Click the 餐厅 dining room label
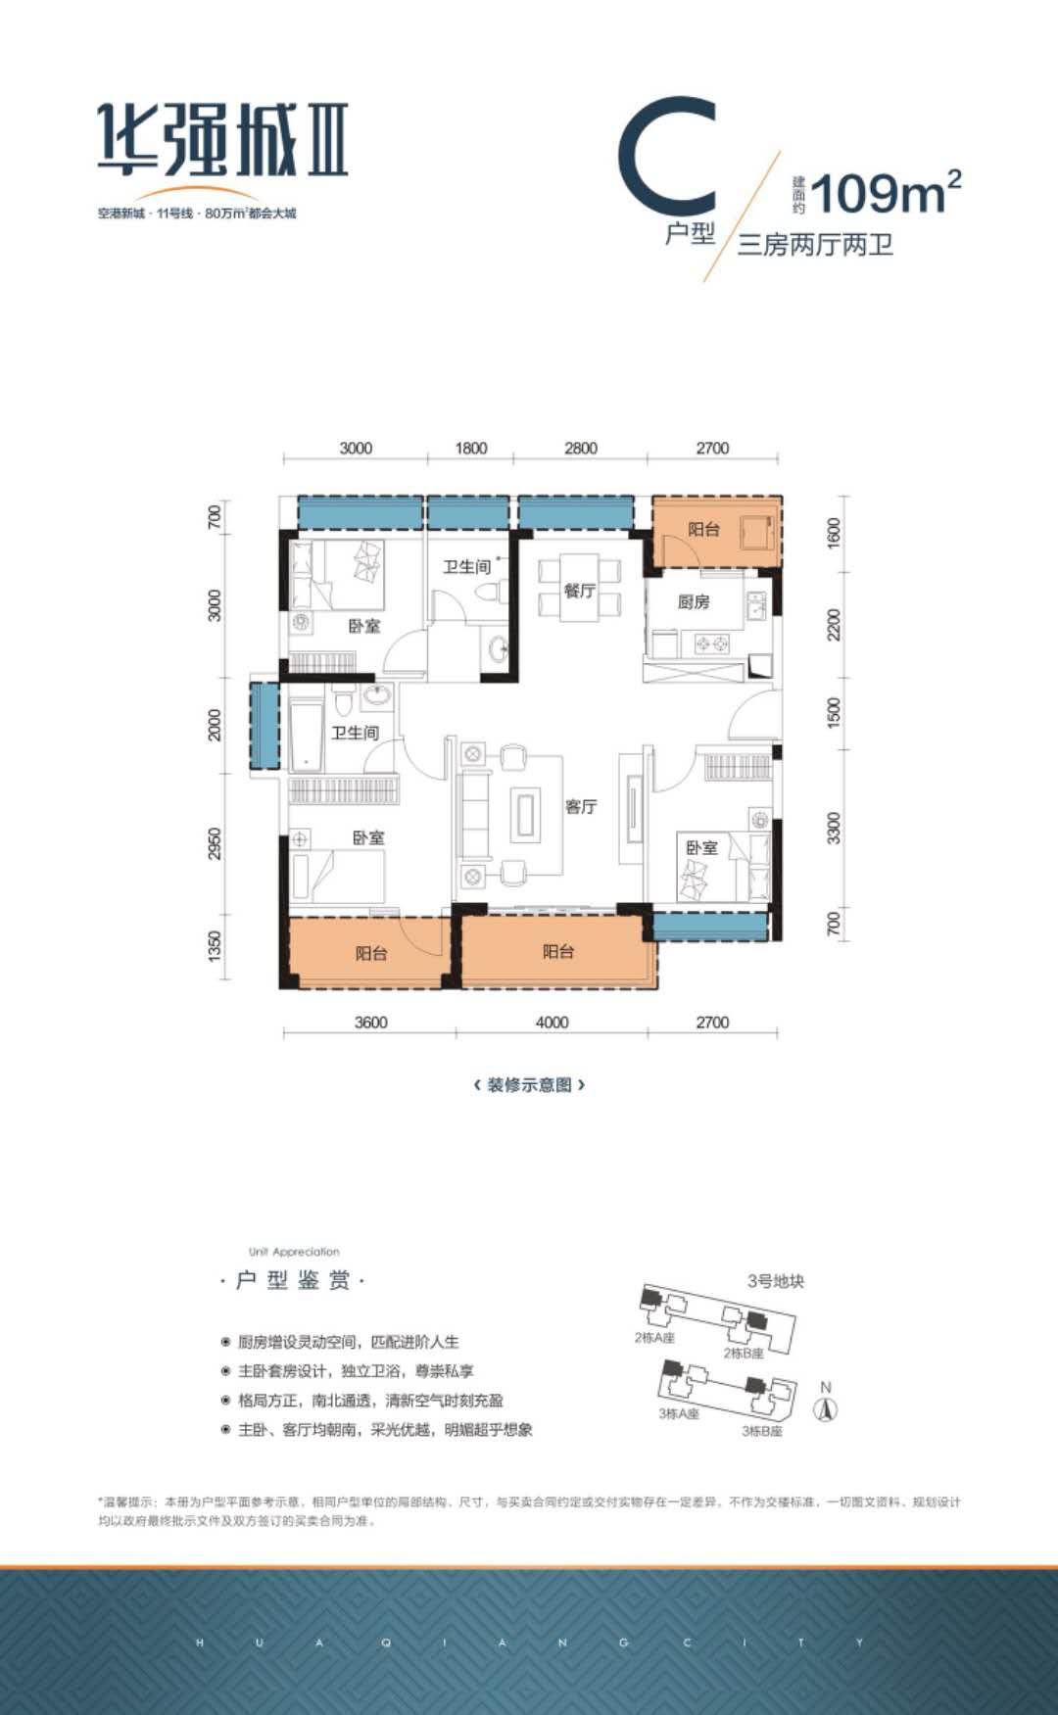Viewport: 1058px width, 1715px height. pyautogui.click(x=579, y=591)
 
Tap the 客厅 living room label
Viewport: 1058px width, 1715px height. pyautogui.click(x=581, y=806)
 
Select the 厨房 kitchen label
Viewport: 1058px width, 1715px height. pyautogui.click(x=694, y=601)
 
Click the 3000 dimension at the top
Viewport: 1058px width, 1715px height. pyautogui.click(x=356, y=448)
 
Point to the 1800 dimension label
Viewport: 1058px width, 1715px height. pyautogui.click(x=470, y=448)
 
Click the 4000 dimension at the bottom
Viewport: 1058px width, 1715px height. pyautogui.click(x=552, y=1022)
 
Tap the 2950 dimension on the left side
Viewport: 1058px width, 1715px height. pyautogui.click(x=216, y=844)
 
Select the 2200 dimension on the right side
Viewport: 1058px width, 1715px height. pyautogui.click(x=834, y=624)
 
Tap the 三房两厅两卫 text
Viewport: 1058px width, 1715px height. pyautogui.click(x=815, y=244)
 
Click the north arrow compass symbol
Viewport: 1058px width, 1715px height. pyautogui.click(x=826, y=1408)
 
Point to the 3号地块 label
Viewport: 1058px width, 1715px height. pyautogui.click(x=775, y=1280)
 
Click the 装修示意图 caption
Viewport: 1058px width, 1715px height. pyautogui.click(x=529, y=1084)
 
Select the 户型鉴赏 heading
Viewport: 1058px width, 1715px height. pyautogui.click(x=293, y=1280)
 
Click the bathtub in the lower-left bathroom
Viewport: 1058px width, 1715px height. pyautogui.click(x=306, y=734)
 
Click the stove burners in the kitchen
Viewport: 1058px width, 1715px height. pyautogui.click(x=711, y=643)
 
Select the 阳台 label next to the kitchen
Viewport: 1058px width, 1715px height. pyautogui.click(x=703, y=529)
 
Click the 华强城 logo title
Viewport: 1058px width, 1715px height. pyautogui.click(x=223, y=140)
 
